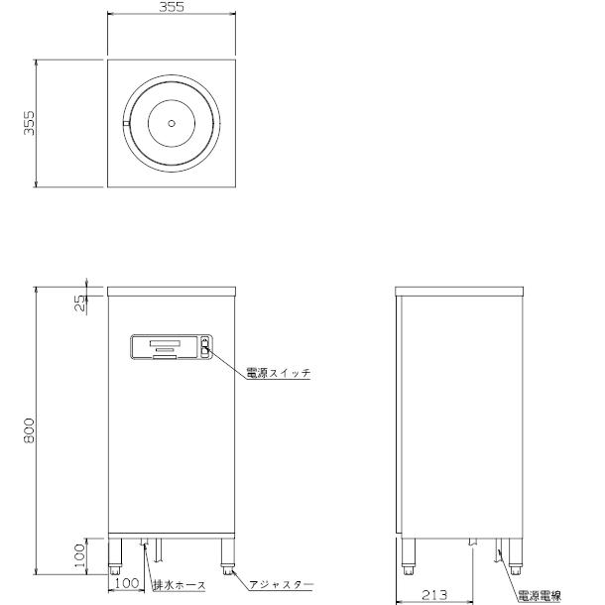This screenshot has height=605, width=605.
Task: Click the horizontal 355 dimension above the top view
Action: [171, 8]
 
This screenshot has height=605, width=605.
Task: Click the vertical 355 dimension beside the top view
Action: [29, 122]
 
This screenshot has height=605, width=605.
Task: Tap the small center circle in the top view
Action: [172, 122]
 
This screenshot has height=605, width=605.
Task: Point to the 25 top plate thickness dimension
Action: [79, 298]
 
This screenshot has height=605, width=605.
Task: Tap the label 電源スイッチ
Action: [279, 374]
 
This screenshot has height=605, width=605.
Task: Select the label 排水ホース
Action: [179, 585]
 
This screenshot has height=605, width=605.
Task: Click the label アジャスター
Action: [282, 585]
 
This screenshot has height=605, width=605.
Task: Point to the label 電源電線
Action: [539, 595]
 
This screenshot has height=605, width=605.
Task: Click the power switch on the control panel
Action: [205, 346]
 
